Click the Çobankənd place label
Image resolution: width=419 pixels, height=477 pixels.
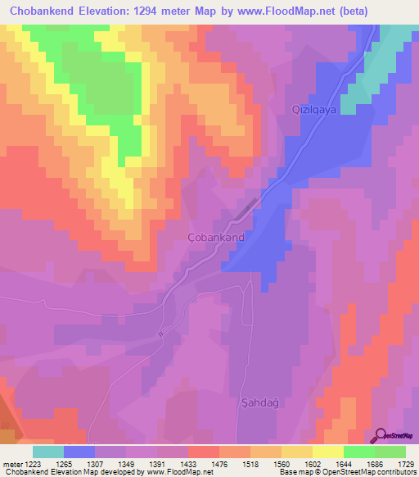(223, 238)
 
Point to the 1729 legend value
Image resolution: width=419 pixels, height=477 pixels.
(405, 464)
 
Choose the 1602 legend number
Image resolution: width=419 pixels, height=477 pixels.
(312, 464)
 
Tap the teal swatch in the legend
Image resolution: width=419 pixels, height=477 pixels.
(48, 452)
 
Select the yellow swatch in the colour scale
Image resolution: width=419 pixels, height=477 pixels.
(327, 452)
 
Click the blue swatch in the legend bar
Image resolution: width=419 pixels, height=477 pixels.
(79, 452)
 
